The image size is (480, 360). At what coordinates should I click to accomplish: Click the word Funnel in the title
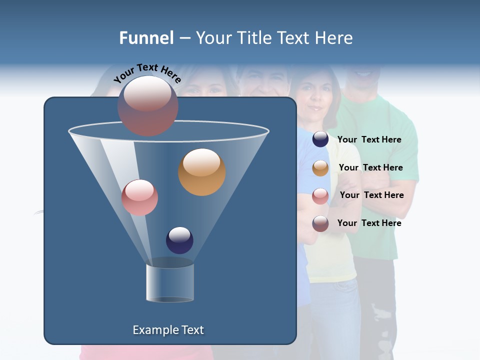(x=146, y=38)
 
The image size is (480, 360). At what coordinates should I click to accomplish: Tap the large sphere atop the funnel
(x=148, y=105)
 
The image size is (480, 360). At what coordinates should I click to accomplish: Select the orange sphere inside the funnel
(x=202, y=171)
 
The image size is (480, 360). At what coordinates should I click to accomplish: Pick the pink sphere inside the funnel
(x=139, y=197)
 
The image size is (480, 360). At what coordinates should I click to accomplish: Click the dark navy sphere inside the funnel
(x=179, y=240)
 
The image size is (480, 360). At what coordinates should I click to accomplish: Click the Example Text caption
(x=168, y=330)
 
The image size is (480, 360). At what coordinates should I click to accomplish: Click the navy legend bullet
(x=320, y=139)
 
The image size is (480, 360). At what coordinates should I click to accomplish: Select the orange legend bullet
(x=320, y=168)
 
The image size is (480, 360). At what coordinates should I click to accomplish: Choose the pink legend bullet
(x=320, y=195)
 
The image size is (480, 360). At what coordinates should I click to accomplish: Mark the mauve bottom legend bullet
(x=320, y=223)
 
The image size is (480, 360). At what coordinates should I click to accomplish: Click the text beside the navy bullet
(x=369, y=139)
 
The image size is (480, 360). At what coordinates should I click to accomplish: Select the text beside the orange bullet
(x=370, y=167)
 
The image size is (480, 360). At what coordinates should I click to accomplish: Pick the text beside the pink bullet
(x=371, y=195)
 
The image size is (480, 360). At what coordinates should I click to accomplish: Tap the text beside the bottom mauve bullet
(x=369, y=223)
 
